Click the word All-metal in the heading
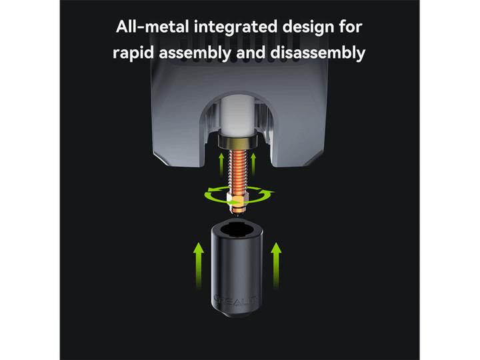(152, 27)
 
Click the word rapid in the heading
(133, 53)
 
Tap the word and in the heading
(251, 53)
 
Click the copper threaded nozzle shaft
(237, 171)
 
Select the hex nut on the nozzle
(236, 200)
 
